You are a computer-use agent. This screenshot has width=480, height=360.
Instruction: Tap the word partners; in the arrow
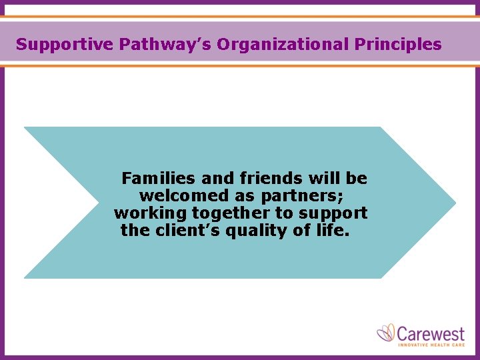point(303,197)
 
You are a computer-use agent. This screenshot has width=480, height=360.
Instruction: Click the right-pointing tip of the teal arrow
point(453,202)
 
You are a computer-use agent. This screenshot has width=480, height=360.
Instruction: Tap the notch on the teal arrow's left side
point(97,202)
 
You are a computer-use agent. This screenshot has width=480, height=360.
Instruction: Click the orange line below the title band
point(240,65)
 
